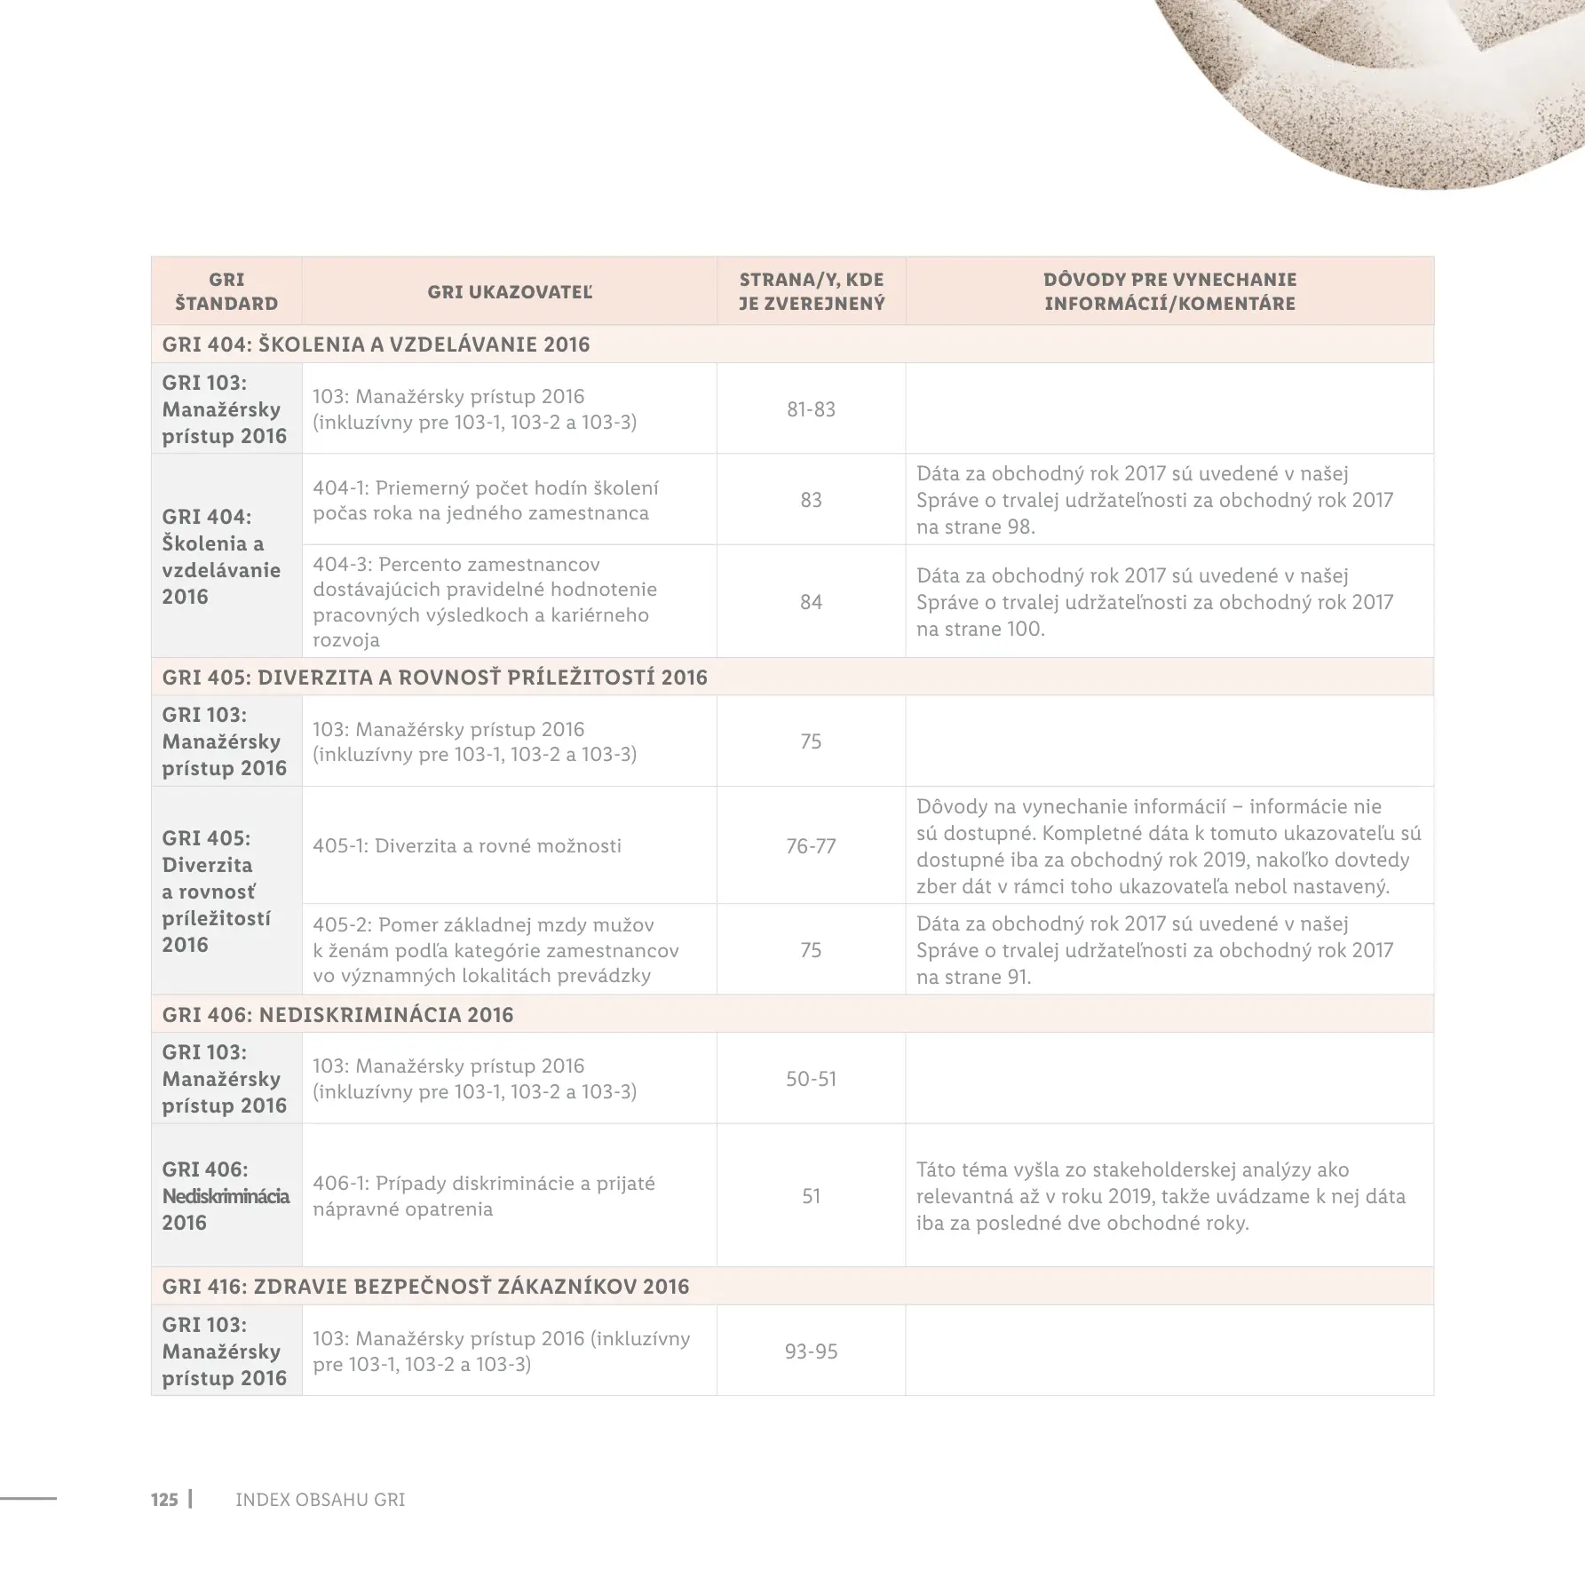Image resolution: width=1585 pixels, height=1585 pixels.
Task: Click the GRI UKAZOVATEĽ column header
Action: [x=509, y=292]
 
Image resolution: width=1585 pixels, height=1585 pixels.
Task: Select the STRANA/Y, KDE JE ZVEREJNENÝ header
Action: [x=811, y=292]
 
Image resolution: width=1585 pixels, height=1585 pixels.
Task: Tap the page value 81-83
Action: [x=811, y=409]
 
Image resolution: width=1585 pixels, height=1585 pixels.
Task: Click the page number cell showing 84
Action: [x=811, y=602]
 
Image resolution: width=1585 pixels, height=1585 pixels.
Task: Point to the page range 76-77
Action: [x=811, y=846]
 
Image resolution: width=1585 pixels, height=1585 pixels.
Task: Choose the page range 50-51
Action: [x=811, y=1079]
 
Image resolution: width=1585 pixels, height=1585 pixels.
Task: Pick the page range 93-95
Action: [x=811, y=1351]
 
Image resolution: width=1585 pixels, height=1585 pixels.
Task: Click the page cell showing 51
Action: [x=811, y=1196]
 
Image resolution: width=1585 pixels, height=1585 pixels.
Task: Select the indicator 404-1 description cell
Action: [x=486, y=500]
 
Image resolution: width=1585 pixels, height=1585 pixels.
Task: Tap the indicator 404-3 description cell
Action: [x=485, y=602]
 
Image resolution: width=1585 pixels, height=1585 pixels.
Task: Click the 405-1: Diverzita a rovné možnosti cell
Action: [x=467, y=846]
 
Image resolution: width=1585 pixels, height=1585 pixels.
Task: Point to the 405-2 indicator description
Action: [x=495, y=950]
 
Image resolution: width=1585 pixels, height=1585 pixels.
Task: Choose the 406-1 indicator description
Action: [x=484, y=1196]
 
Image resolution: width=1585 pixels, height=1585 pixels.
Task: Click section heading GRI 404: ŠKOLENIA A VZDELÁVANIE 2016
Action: [x=376, y=345]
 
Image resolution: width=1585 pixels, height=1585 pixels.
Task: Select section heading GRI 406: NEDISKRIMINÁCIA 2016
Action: [x=337, y=1015]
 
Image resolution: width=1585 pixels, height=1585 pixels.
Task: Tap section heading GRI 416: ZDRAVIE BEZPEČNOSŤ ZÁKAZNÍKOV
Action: [x=425, y=1287]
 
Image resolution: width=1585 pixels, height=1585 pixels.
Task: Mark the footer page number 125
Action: [x=164, y=1500]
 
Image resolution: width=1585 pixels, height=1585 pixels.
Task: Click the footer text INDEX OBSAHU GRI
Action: [x=320, y=1500]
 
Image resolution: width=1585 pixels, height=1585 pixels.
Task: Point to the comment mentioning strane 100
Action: [x=1154, y=602]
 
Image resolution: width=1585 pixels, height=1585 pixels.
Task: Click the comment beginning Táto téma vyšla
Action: [x=1161, y=1196]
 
